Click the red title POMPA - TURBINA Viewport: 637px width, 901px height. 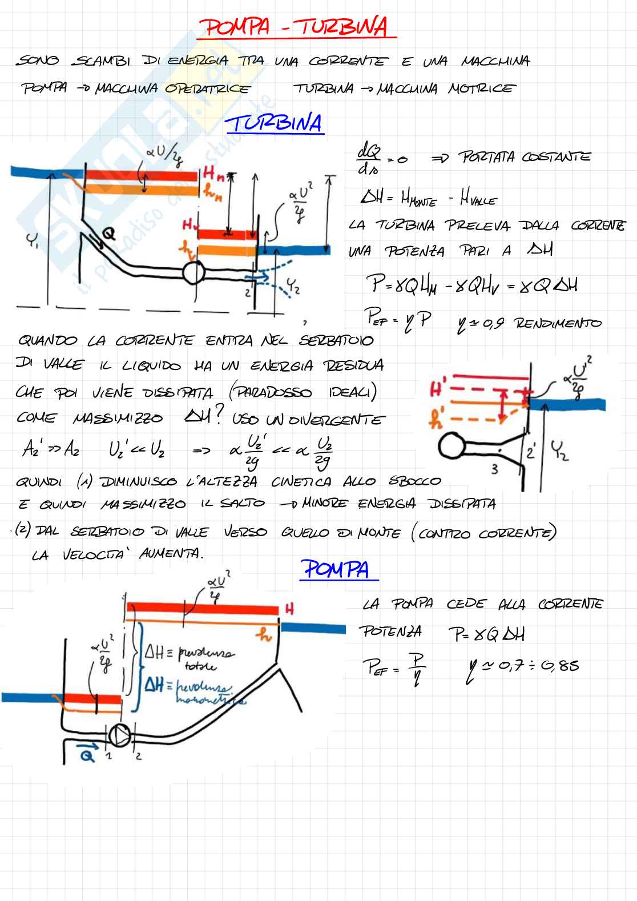pos(296,27)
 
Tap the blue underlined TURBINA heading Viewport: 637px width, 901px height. pos(275,123)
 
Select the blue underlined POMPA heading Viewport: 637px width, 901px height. pos(336,569)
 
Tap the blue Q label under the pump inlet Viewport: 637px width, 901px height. pos(87,756)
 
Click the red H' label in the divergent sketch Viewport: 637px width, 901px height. pos(438,390)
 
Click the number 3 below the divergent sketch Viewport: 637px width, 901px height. pos(495,469)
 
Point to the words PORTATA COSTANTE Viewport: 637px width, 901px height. pos(525,157)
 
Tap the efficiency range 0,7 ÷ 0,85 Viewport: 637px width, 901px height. pos(528,665)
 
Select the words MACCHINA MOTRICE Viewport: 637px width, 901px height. pos(446,89)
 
